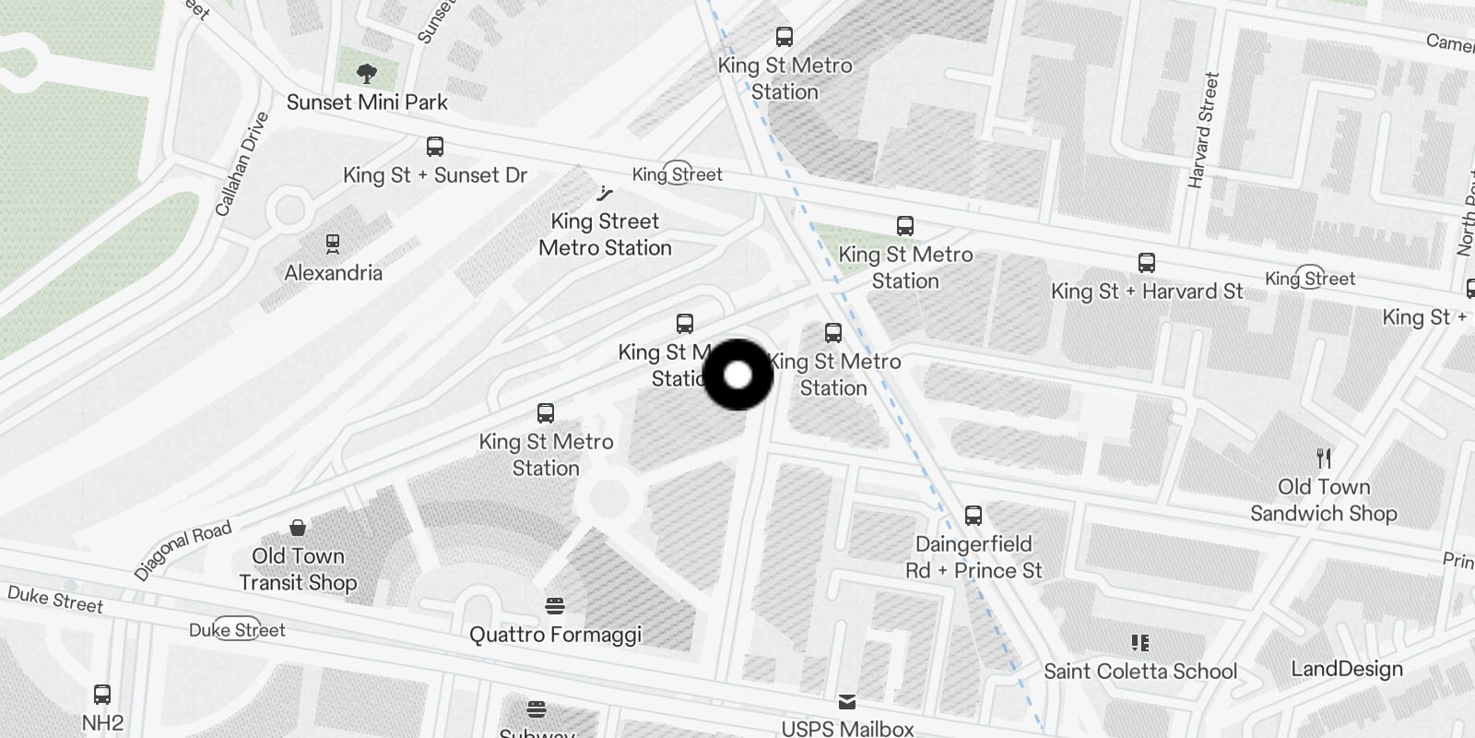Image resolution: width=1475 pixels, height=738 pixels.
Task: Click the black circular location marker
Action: [x=737, y=375]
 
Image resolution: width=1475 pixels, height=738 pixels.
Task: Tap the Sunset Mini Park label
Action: [x=367, y=102]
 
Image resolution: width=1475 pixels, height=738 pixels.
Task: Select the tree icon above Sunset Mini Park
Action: [x=367, y=73]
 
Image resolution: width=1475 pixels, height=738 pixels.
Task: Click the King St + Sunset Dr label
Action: [x=434, y=175]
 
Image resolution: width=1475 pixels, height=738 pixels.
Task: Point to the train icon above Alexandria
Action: [x=333, y=244]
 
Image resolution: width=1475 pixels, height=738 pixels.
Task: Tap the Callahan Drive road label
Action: [x=242, y=164]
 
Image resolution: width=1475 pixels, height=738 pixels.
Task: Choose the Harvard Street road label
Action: [x=1203, y=130]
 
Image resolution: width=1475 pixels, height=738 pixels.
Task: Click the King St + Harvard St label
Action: [x=1147, y=292]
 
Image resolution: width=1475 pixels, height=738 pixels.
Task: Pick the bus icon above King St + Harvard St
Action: [x=1146, y=263]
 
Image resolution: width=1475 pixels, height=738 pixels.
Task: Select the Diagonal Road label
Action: [x=183, y=550]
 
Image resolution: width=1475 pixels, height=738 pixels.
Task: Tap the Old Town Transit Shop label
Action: [x=298, y=569]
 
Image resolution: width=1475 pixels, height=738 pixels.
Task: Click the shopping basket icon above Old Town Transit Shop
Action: [x=298, y=528]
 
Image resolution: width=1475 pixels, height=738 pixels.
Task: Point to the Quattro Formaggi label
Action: [x=555, y=635]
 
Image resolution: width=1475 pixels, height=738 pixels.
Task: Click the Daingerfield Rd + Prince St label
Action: [x=973, y=557]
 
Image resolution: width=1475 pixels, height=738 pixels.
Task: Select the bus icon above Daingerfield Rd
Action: [x=973, y=515]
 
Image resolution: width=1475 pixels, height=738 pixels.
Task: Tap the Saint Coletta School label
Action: [x=1140, y=672]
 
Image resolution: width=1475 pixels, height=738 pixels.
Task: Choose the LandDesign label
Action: [x=1347, y=669]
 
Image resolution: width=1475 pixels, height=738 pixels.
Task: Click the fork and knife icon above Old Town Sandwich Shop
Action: [x=1324, y=458]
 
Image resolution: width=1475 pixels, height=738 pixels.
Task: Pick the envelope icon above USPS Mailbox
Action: [x=847, y=703]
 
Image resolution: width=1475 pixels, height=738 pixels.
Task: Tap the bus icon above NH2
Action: [x=102, y=695]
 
